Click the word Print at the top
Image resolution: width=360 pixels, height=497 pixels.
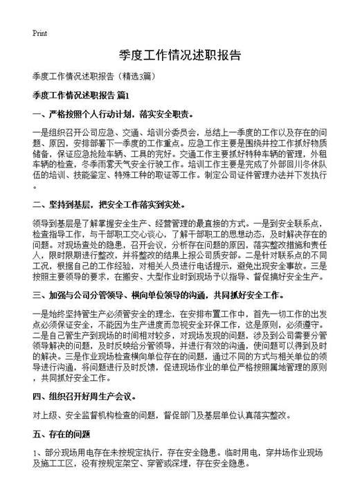tap(40, 33)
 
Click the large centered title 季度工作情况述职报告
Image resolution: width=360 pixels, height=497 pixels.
tap(180, 55)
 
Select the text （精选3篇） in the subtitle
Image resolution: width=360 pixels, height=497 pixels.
tap(141, 75)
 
